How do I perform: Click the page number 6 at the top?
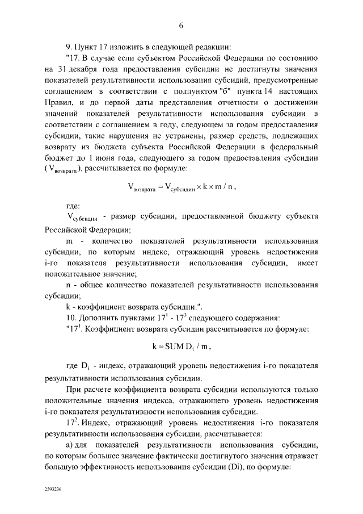coord(181,25)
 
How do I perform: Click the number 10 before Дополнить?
coord(71,317)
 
